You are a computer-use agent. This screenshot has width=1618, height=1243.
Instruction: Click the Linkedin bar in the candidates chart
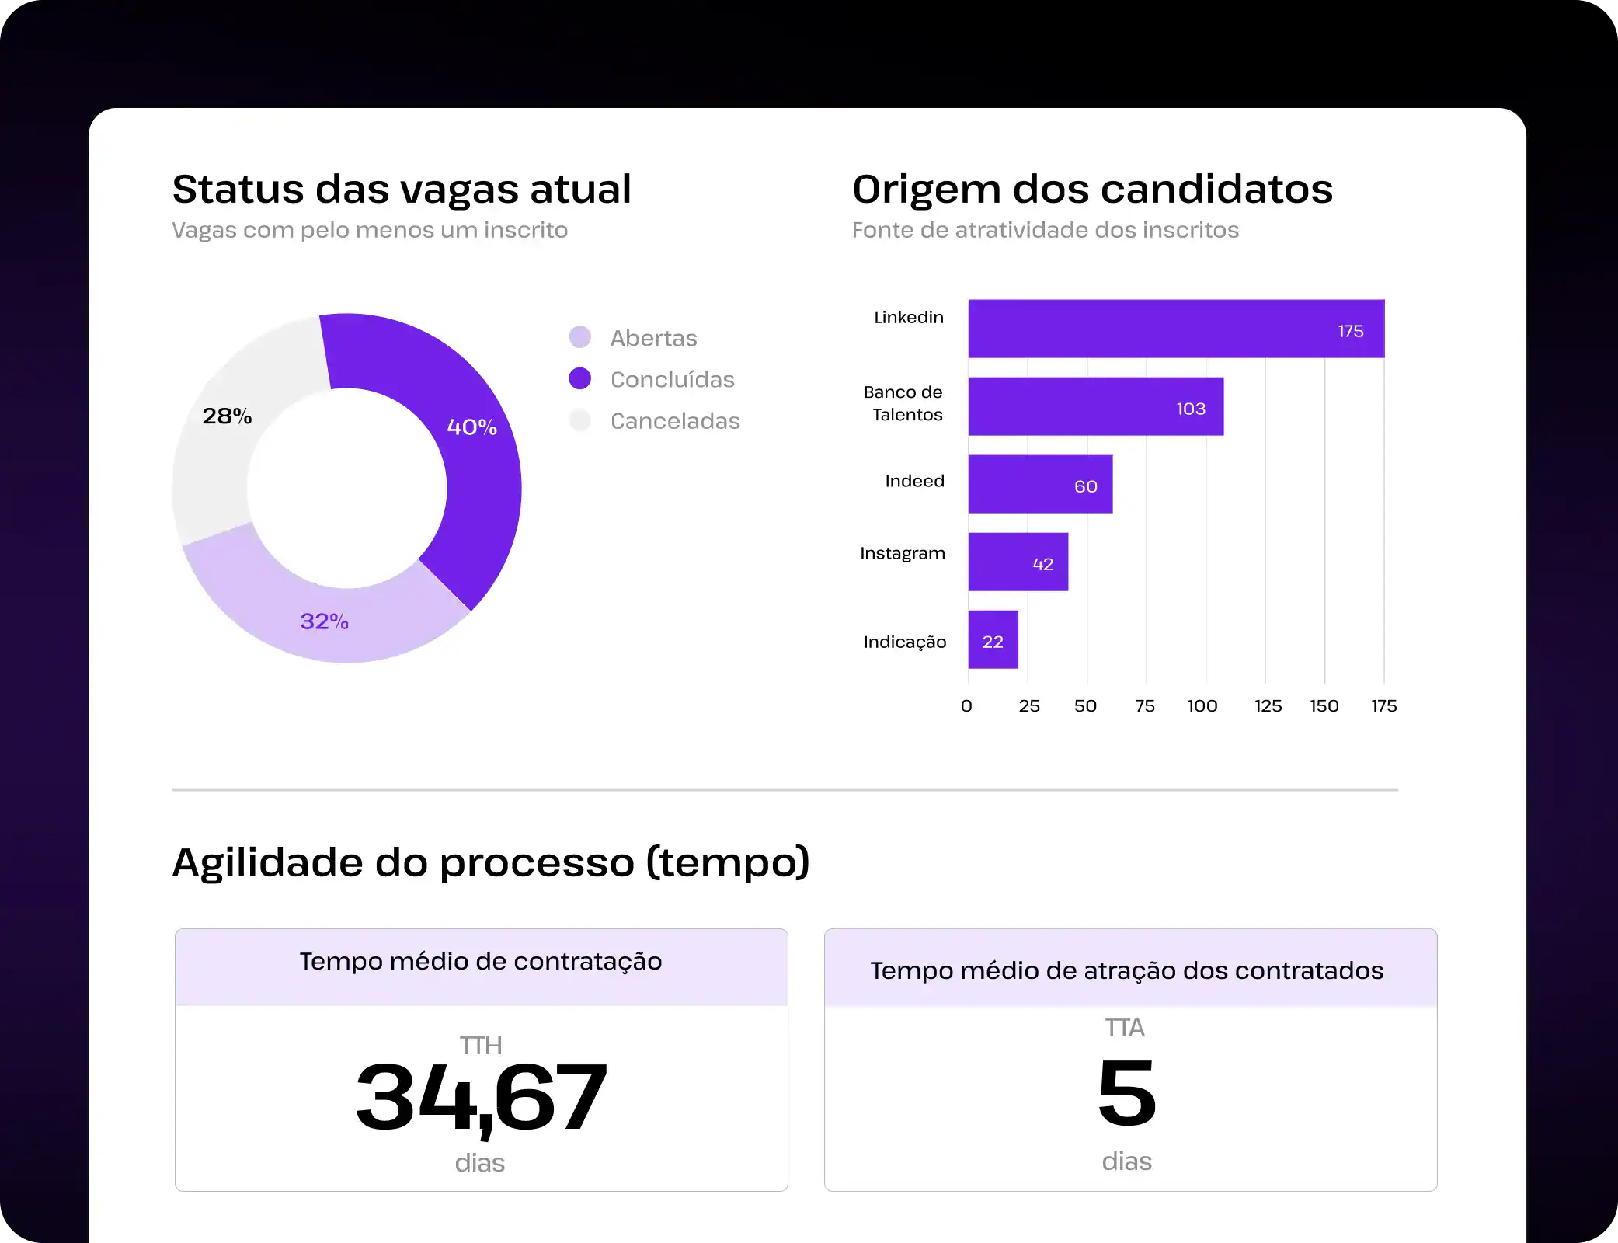(x=1175, y=329)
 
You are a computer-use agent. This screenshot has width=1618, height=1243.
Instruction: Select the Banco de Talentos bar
(x=1095, y=406)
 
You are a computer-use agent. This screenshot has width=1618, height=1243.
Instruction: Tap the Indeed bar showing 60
(x=1040, y=484)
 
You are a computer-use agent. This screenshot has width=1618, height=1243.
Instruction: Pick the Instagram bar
(x=1018, y=562)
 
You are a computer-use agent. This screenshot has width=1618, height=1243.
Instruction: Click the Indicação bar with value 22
(x=993, y=639)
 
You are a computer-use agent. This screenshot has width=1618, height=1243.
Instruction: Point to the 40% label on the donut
(x=471, y=427)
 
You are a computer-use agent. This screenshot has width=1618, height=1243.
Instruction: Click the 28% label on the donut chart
(x=227, y=416)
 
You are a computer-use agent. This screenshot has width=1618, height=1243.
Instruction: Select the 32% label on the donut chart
(x=324, y=621)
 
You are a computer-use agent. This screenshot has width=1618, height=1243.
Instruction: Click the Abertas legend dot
(x=579, y=337)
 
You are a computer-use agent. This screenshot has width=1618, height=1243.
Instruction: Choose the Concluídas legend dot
(x=579, y=378)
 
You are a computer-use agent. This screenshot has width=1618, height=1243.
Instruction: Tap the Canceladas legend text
(x=675, y=421)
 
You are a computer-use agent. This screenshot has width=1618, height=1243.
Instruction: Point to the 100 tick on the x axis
(x=1202, y=705)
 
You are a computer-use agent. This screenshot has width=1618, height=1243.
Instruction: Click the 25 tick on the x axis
(x=1029, y=705)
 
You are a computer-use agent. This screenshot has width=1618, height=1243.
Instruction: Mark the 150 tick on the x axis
(x=1324, y=705)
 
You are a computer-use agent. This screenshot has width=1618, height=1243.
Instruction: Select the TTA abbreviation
(x=1125, y=1028)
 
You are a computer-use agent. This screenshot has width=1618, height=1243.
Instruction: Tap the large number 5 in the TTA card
(x=1127, y=1092)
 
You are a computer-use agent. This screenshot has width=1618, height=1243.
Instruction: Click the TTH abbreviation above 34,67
(x=481, y=1046)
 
